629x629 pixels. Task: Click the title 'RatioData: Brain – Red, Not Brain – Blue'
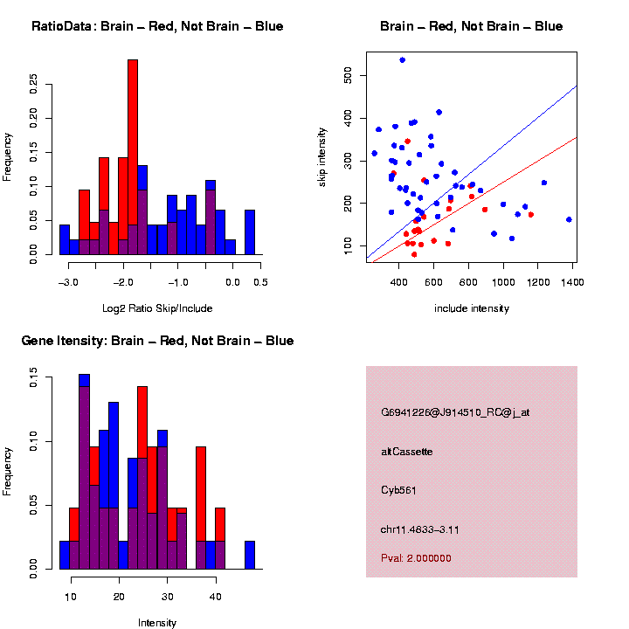pos(157,26)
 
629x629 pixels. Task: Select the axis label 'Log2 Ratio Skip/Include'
pos(157,308)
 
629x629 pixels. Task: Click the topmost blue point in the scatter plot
pos(402,60)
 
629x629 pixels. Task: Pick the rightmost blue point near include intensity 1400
pos(569,220)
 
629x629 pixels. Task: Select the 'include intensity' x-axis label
pos(472,308)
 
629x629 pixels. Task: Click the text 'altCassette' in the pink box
pos(407,452)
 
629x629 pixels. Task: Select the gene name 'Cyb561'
pos(398,490)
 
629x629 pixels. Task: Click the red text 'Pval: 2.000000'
pos(416,558)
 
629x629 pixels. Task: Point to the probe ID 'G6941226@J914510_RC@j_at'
pos(455,412)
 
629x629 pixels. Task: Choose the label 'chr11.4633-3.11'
pos(421,529)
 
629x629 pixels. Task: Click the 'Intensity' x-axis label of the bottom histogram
pos(157,623)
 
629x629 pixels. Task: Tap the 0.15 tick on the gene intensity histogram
pos(33,377)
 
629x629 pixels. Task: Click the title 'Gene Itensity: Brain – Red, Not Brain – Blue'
pos(157,341)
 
